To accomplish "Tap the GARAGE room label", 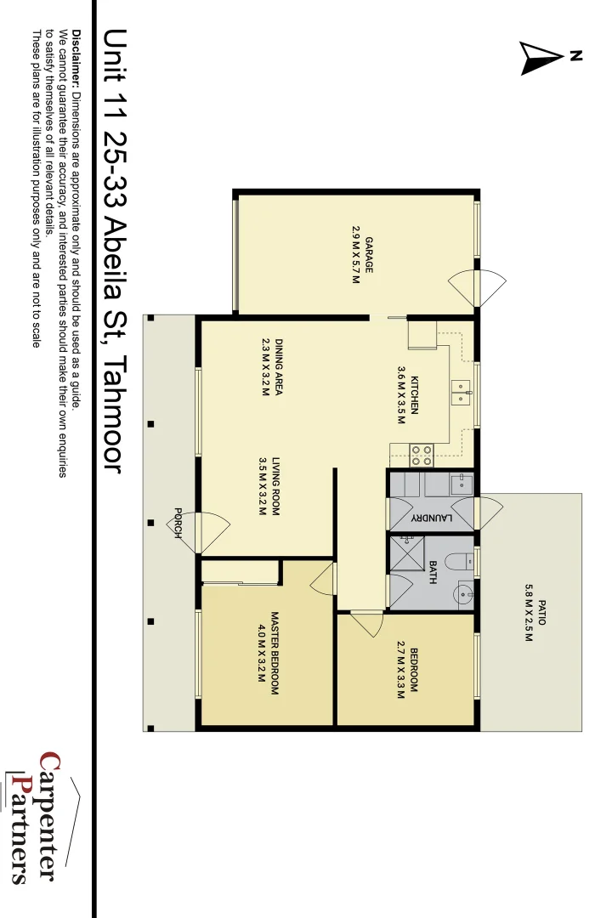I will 369,256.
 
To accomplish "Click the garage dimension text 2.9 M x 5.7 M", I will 355,256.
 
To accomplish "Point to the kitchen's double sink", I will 460,392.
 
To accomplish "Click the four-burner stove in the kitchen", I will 422,455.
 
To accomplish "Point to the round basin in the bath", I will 463,593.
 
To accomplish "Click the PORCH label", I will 178,523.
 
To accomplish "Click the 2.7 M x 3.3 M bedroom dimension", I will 399,671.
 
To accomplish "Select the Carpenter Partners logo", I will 38,816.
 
